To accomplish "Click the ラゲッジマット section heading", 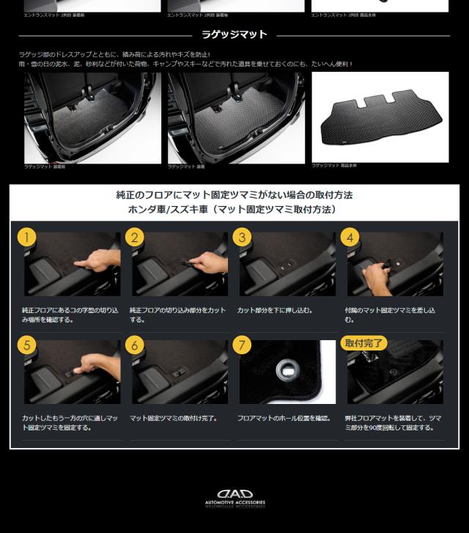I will click(234, 34).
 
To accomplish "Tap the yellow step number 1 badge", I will click(26, 237).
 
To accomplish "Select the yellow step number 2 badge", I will click(134, 237).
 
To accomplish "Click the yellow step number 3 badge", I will click(242, 237).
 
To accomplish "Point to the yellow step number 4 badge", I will click(350, 237).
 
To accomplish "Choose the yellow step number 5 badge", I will click(26, 345).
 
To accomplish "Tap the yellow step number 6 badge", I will click(134, 345).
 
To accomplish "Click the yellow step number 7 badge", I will click(242, 345).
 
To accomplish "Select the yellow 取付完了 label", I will click(364, 342).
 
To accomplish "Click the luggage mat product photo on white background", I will click(380, 116).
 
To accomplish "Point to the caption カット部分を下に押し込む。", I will click(275, 310).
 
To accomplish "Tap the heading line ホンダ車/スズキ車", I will click(234, 210).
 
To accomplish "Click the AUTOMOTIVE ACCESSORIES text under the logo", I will click(234, 504).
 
